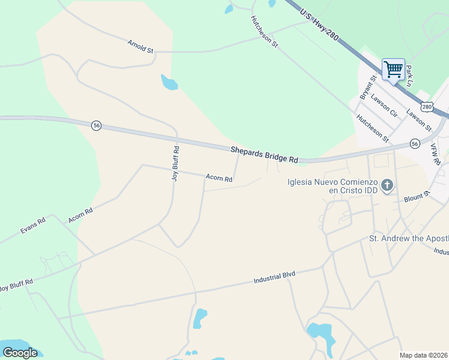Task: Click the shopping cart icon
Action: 393,69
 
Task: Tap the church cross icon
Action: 387,185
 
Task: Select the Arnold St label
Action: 140,46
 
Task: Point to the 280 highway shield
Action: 426,106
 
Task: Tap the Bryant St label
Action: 367,87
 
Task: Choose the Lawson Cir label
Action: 384,105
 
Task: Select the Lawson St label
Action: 418,119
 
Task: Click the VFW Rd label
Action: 436,154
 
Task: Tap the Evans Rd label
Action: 32,226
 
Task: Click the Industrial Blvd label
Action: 274,278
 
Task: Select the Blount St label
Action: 417,196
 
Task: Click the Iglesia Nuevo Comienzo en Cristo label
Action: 332,185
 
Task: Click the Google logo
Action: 20,352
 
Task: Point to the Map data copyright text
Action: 423,355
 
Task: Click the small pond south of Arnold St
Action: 169,82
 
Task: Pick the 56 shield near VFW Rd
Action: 414,143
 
